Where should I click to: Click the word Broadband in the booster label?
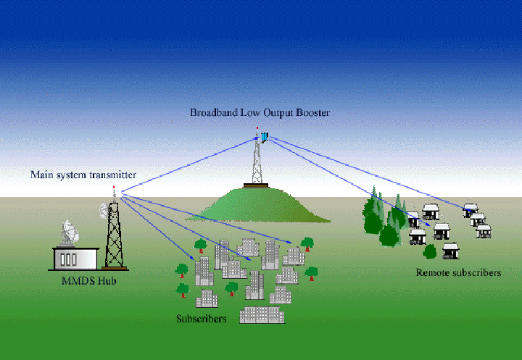click(x=212, y=113)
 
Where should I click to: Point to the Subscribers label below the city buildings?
click(x=201, y=319)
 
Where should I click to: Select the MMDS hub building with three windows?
click(x=76, y=257)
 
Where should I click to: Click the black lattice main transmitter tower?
click(x=114, y=232)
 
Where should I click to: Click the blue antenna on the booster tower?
click(x=265, y=136)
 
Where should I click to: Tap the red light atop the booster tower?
click(x=257, y=129)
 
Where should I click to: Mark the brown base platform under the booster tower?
click(x=255, y=185)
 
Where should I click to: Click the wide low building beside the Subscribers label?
click(x=262, y=314)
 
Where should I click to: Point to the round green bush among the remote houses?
click(x=429, y=252)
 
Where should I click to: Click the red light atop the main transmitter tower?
click(x=114, y=187)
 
